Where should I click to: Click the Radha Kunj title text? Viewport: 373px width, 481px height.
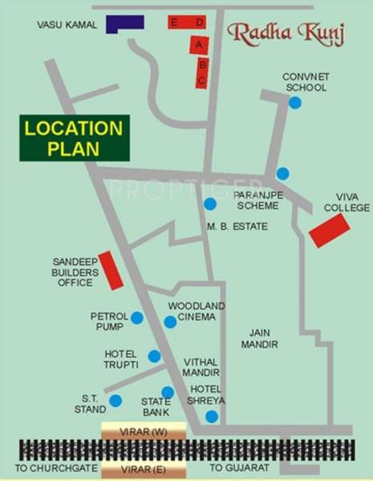274,33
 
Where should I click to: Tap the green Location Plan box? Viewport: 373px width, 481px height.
74,138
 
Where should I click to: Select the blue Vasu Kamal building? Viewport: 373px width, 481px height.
124,24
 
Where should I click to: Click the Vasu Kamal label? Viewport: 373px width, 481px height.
67,26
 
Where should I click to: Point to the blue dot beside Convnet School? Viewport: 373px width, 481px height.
295,103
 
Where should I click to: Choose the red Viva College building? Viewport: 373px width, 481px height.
329,231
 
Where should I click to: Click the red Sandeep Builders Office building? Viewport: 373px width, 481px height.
111,270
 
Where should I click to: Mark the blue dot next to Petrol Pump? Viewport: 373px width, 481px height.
136,318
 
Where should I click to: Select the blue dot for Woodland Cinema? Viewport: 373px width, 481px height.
170,322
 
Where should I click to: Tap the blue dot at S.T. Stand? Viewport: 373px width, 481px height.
116,401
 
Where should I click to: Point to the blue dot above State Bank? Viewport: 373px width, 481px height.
167,393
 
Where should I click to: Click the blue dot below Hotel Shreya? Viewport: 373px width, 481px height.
211,416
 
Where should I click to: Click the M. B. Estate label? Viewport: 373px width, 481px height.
237,226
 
